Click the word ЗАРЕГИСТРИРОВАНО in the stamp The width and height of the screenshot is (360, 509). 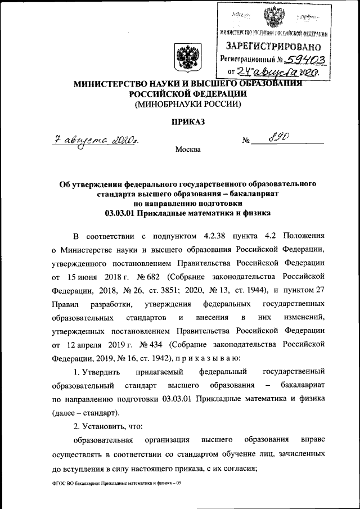pos(274,44)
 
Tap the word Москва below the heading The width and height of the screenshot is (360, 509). pos(187,150)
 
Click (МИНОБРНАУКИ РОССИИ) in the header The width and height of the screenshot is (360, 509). pos(187,104)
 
